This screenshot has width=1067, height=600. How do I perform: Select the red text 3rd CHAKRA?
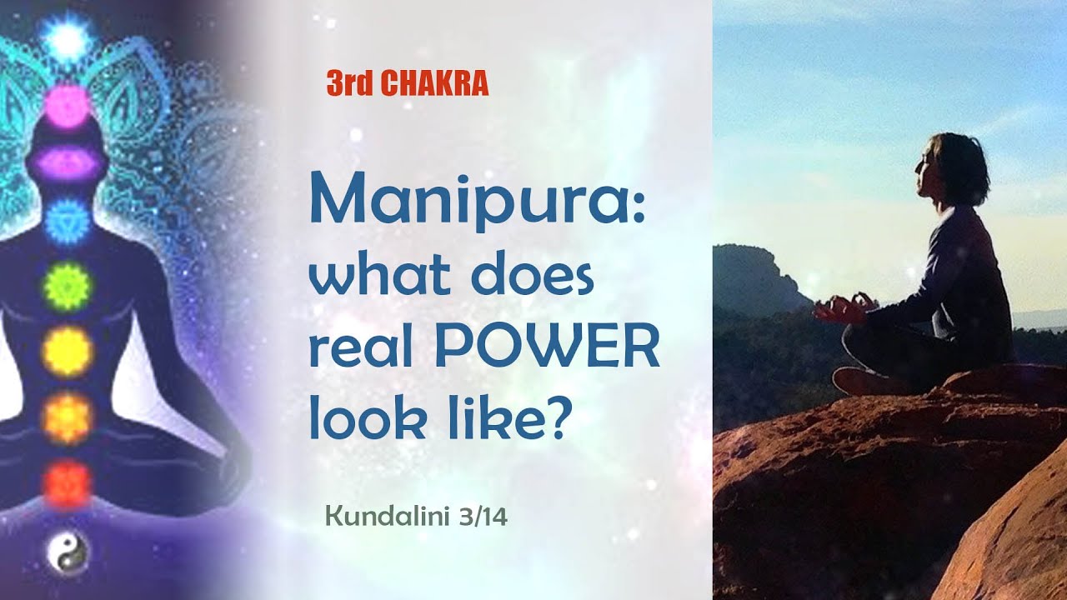pos(408,83)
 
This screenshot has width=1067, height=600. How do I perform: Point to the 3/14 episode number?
pos(483,517)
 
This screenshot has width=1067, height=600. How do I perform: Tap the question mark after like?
pos(554,418)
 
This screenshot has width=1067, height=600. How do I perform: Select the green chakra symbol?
pos(67,285)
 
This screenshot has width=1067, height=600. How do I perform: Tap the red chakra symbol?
pos(67,483)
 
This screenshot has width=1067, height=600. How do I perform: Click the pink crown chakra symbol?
pos(67,103)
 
